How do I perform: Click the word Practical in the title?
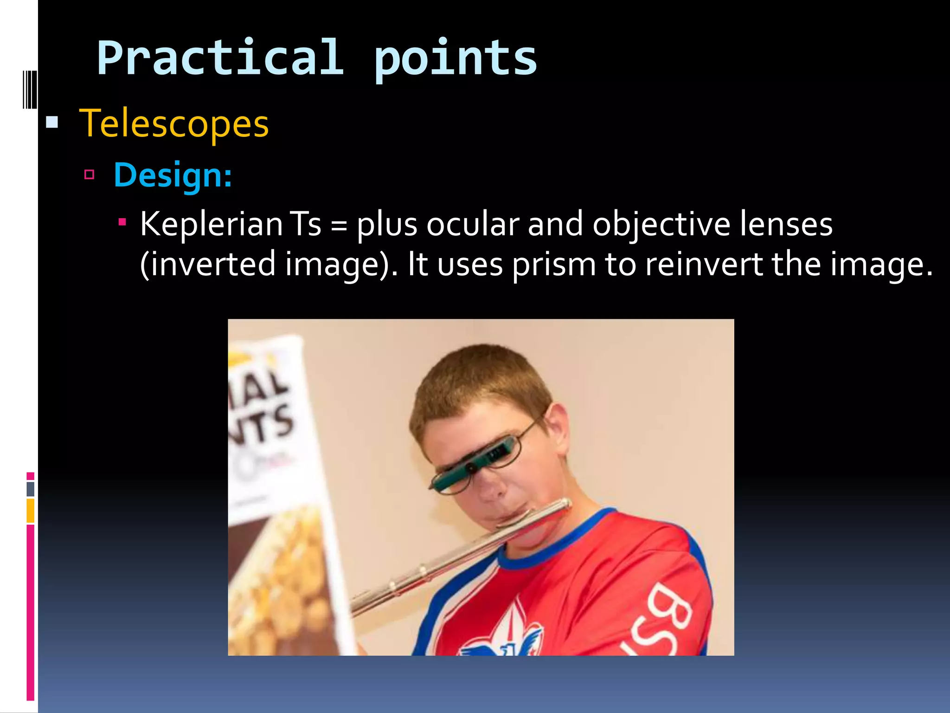pos(220,58)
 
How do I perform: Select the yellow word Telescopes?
pos(174,123)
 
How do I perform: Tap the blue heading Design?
pos(173,175)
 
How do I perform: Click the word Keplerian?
pos(211,224)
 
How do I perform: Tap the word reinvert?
pos(704,264)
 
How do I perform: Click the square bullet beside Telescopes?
pos(52,123)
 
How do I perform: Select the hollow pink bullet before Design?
pos(90,175)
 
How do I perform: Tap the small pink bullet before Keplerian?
pos(122,222)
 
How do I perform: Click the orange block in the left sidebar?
pos(30,510)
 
